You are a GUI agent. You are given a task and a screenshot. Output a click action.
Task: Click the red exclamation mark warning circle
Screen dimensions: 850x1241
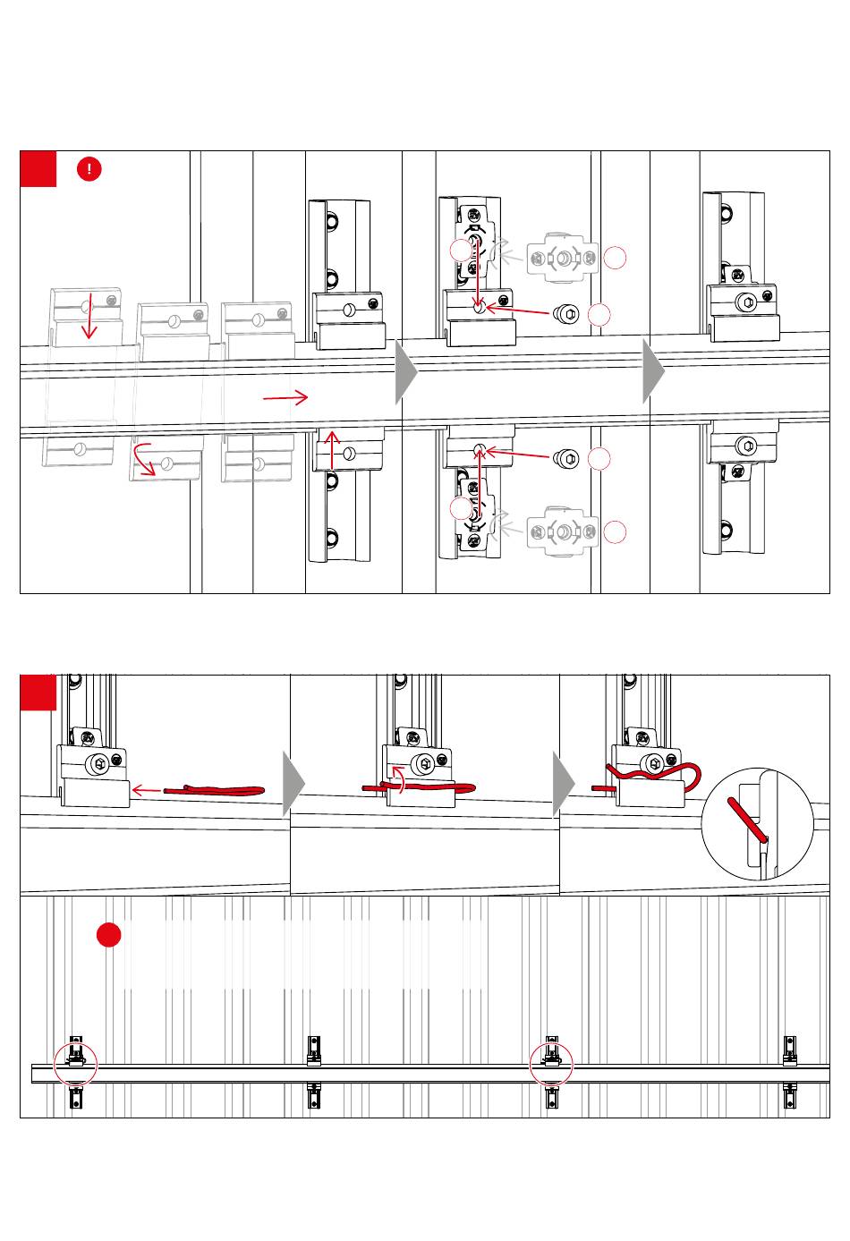click(x=89, y=168)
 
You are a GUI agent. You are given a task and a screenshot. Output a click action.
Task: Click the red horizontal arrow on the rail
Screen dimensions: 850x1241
click(x=285, y=396)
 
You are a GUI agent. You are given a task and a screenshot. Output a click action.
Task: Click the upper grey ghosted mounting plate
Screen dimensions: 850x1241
click(x=563, y=259)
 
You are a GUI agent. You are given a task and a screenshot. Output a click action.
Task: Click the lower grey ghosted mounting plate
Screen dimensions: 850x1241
click(x=563, y=531)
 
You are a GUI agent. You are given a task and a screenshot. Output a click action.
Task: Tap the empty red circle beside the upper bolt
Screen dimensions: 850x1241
click(x=599, y=314)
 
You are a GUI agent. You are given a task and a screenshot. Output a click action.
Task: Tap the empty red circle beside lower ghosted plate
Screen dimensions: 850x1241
click(x=614, y=531)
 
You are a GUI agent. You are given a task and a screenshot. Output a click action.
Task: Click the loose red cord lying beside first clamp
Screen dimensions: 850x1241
click(x=215, y=790)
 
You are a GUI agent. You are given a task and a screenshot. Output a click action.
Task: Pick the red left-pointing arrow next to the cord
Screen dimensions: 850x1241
click(x=145, y=790)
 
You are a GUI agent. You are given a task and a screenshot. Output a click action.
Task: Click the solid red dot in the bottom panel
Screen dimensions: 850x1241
click(x=109, y=934)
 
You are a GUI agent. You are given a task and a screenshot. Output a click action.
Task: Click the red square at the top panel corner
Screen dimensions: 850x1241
click(x=38, y=168)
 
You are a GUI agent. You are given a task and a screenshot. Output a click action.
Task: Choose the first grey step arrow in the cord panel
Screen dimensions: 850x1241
click(x=293, y=784)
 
